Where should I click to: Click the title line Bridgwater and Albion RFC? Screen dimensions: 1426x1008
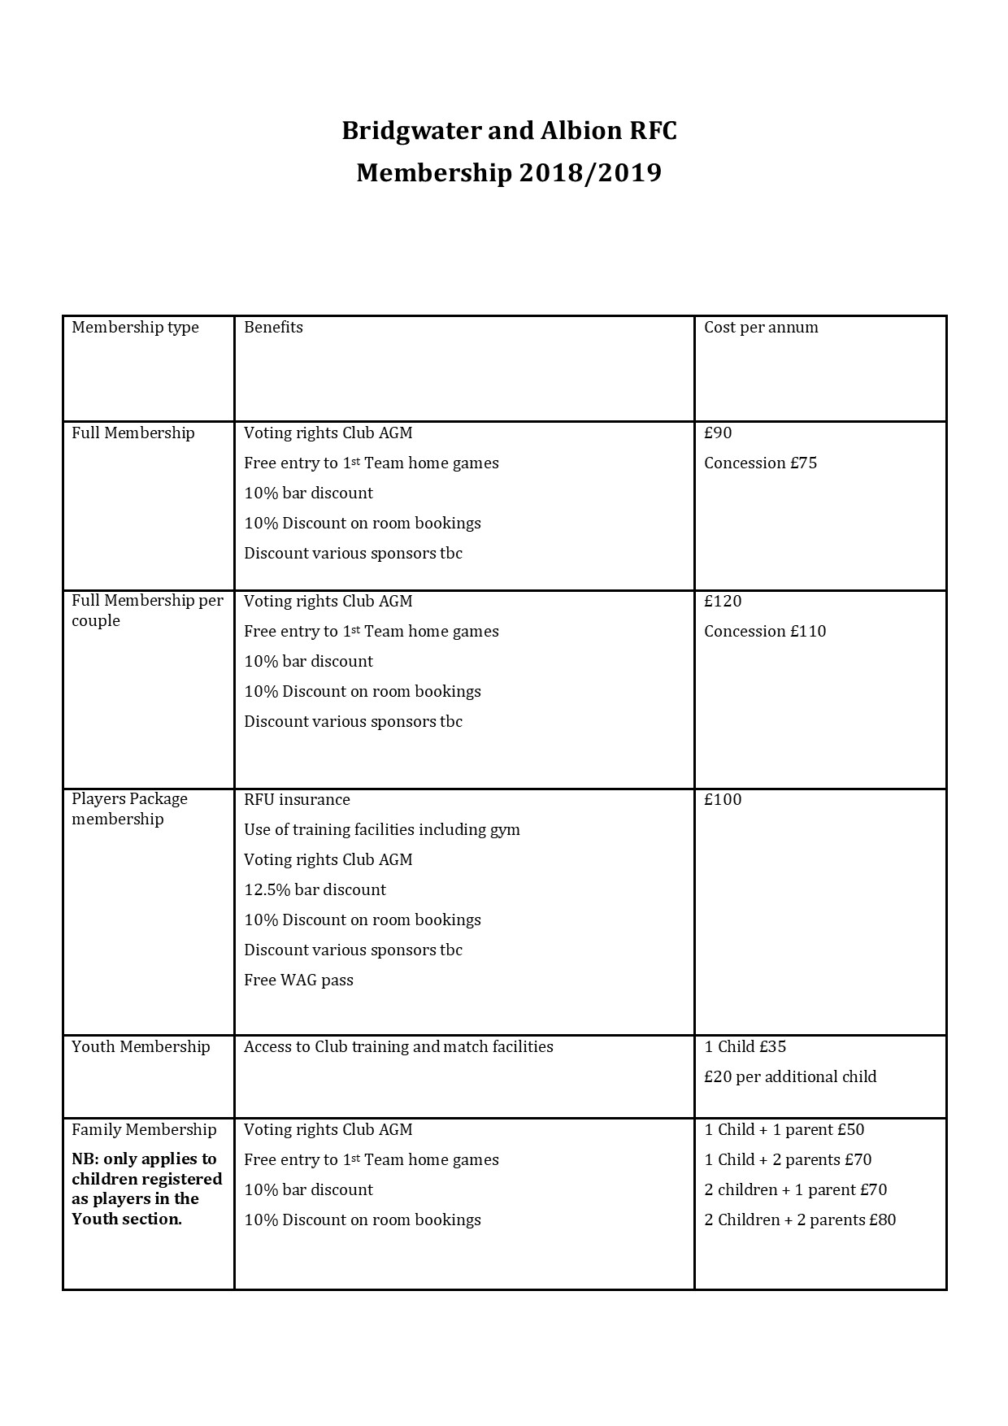pyautogui.click(x=509, y=131)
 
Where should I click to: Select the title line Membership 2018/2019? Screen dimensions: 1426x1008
pyautogui.click(x=509, y=173)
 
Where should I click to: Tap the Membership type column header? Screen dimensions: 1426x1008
pyautogui.click(x=135, y=328)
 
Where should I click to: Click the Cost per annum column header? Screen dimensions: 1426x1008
pyautogui.click(x=761, y=328)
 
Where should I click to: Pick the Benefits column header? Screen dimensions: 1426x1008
pyautogui.click(x=273, y=328)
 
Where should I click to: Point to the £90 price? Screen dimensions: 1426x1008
pyautogui.click(x=718, y=433)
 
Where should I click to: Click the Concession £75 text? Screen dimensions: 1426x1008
pyautogui.click(x=760, y=463)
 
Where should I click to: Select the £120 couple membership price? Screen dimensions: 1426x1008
pyautogui.click(x=723, y=602)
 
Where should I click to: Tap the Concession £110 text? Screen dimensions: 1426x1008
pyautogui.click(x=765, y=632)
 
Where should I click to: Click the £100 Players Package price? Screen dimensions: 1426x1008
pyautogui.click(x=723, y=800)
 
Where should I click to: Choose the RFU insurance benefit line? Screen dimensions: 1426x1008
pyautogui.click(x=297, y=800)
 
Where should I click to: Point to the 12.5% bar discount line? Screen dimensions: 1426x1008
pyautogui.click(x=315, y=890)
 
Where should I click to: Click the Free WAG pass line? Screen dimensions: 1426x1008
pyautogui.click(x=298, y=980)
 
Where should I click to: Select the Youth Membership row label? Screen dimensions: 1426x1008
pyautogui.click(x=141, y=1047)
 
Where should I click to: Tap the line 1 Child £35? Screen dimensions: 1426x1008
pyautogui.click(x=745, y=1047)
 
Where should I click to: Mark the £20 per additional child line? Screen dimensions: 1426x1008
pyautogui.click(x=790, y=1077)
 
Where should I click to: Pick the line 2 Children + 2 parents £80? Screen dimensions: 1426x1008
pyautogui.click(x=800, y=1220)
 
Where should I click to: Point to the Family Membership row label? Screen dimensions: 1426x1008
pyautogui.click(x=144, y=1130)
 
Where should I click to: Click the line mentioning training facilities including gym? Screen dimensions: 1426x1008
pyautogui.click(x=381, y=830)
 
